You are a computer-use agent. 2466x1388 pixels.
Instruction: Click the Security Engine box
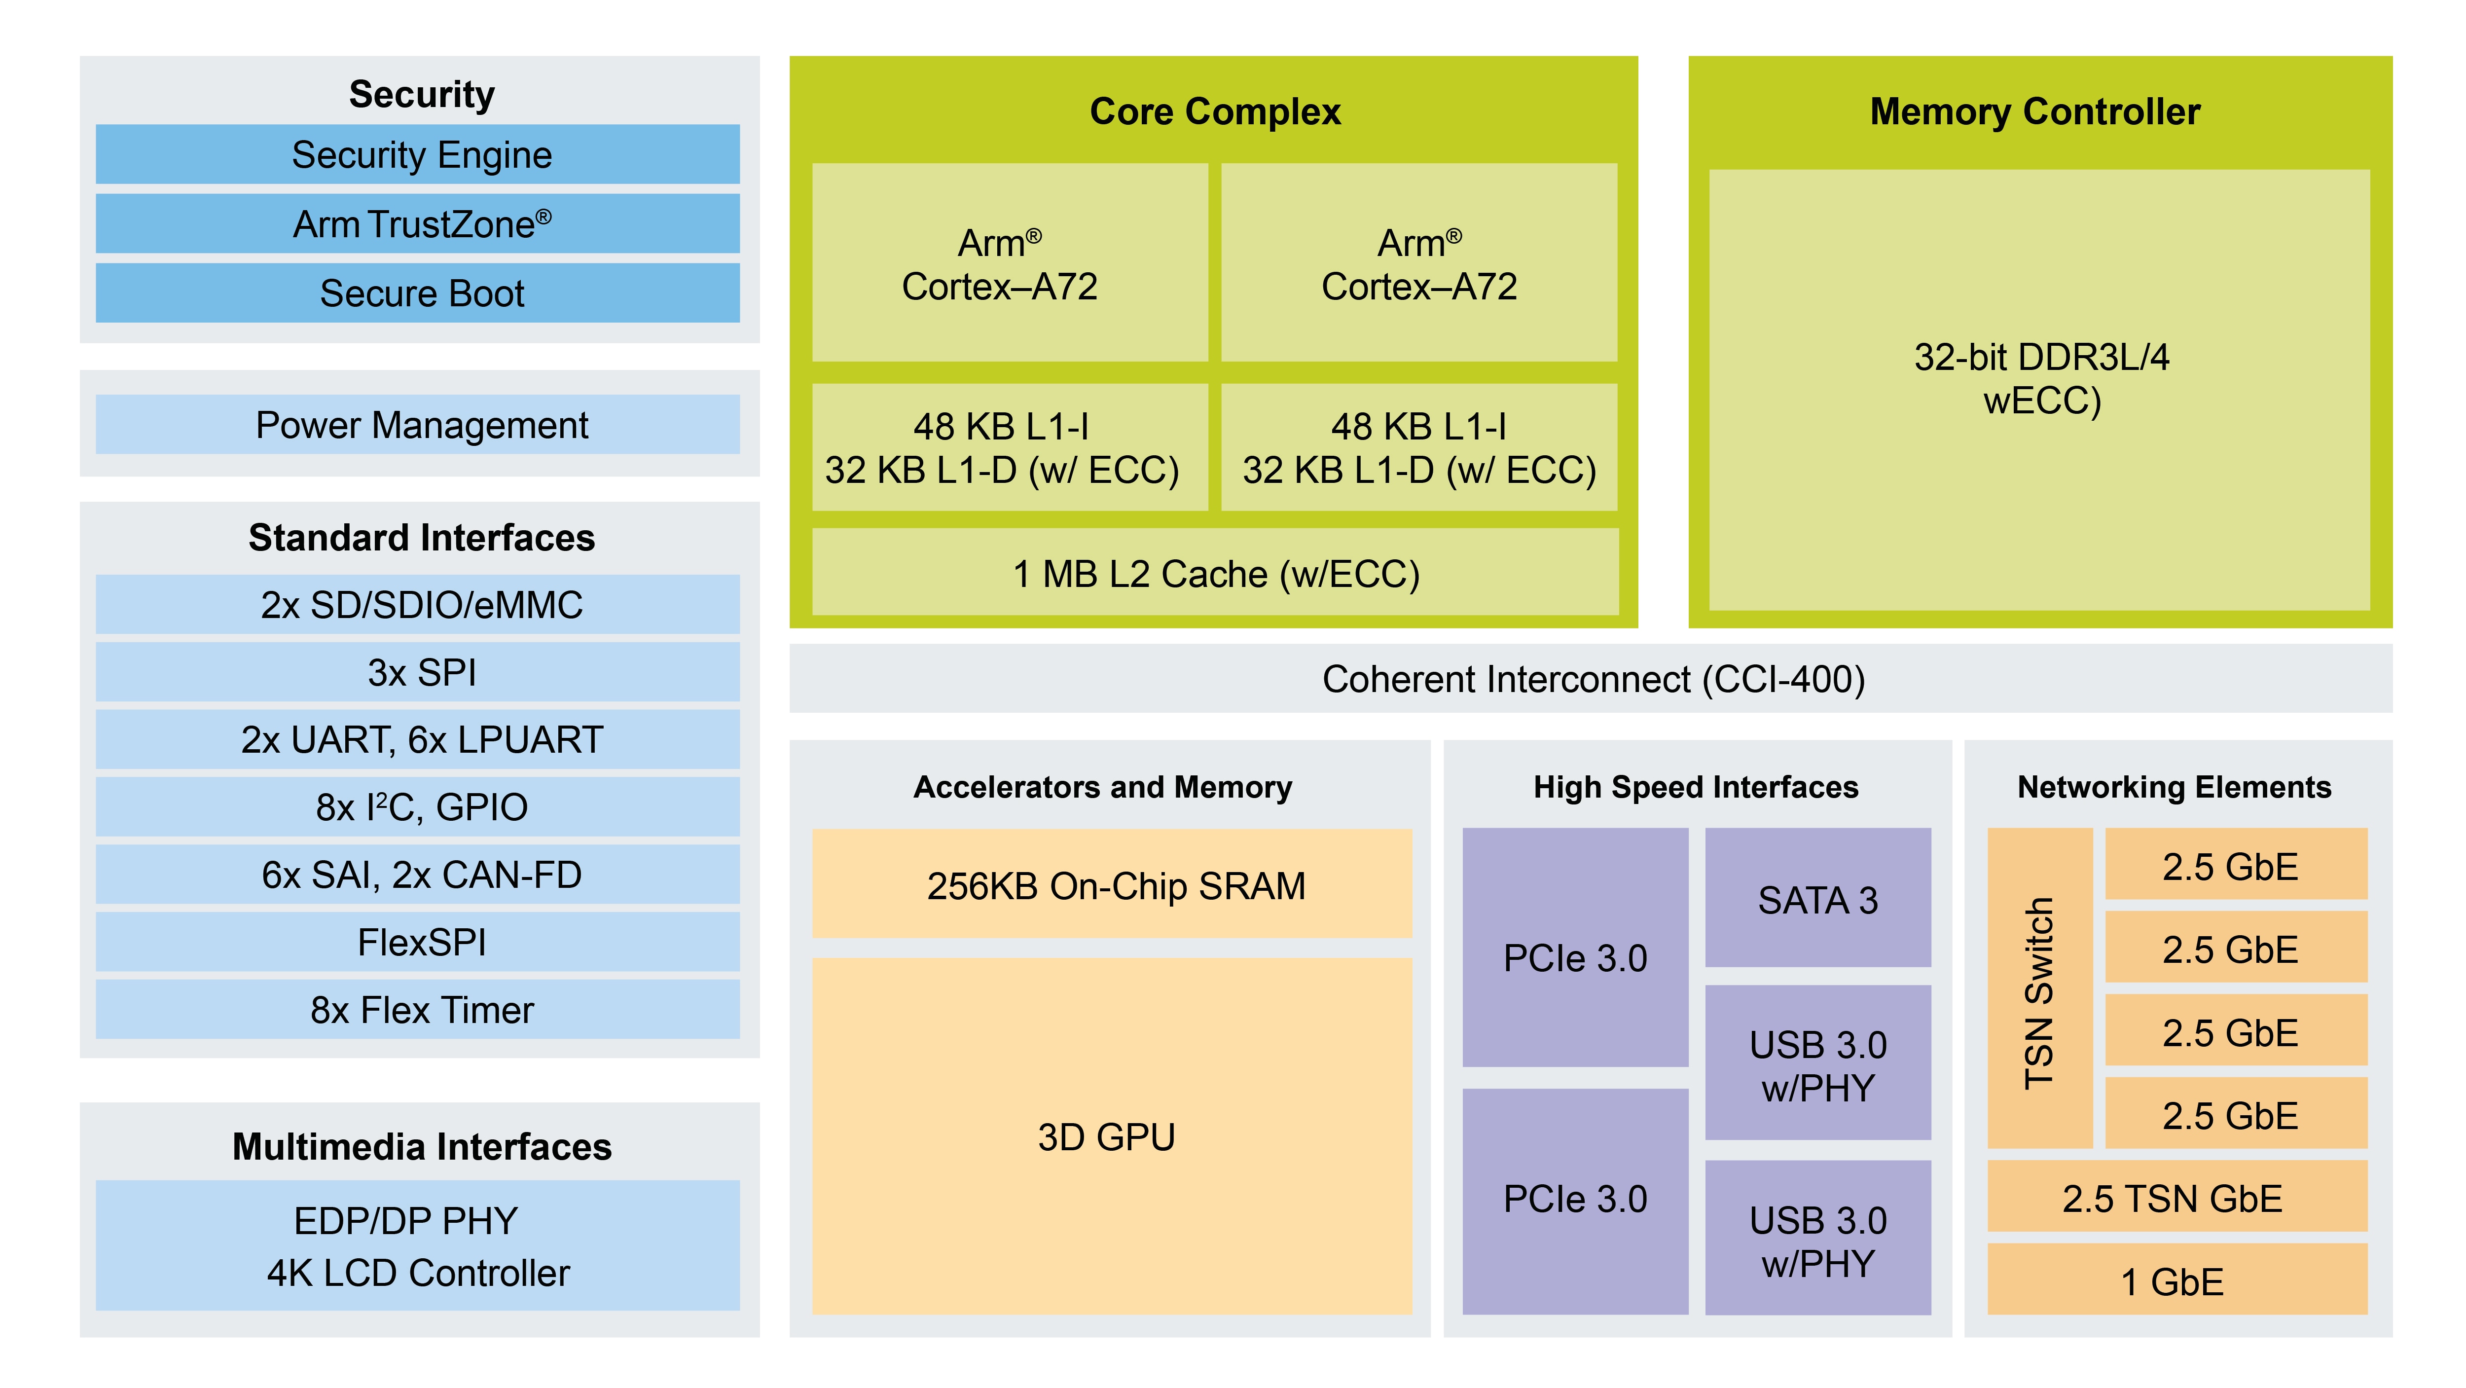point(417,154)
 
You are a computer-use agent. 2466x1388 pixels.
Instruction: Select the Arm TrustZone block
point(417,224)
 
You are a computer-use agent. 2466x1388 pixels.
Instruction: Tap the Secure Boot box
point(417,293)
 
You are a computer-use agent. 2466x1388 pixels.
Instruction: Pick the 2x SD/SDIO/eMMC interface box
point(417,604)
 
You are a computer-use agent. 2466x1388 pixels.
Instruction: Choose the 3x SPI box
point(417,672)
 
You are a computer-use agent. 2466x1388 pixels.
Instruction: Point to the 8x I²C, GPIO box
point(417,807)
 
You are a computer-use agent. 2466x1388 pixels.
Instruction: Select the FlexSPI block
point(417,942)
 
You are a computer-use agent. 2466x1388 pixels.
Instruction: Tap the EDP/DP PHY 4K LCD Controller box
point(417,1245)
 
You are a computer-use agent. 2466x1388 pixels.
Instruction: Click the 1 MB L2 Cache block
point(1215,573)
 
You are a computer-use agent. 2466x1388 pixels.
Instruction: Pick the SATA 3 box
point(1817,899)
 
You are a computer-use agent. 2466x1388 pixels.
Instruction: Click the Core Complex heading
point(1215,111)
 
